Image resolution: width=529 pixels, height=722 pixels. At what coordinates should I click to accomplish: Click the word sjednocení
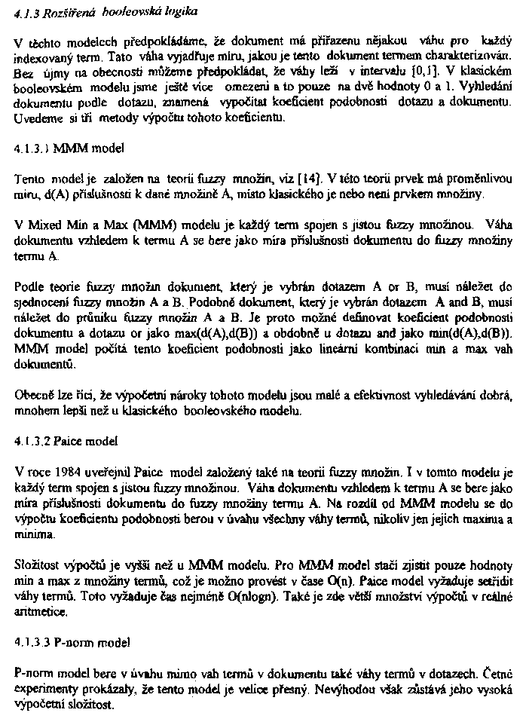(42, 301)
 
